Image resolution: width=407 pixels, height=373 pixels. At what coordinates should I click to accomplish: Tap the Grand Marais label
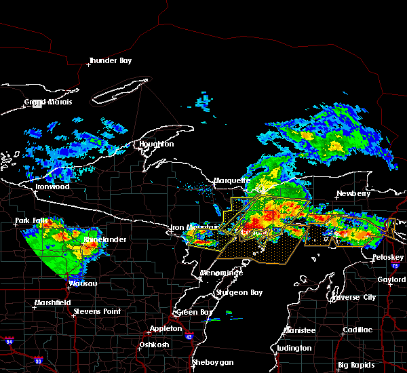point(48,102)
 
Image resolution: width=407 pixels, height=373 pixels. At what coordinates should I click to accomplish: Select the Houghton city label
point(157,144)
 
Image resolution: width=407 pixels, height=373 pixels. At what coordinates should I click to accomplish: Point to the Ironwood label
point(52,186)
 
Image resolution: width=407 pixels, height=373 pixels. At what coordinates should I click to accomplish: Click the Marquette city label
point(232,181)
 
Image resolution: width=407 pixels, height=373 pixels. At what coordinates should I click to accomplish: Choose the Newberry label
point(354,193)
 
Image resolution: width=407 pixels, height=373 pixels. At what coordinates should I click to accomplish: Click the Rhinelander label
point(101,240)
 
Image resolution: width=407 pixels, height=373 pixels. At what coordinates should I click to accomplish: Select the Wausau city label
point(83,283)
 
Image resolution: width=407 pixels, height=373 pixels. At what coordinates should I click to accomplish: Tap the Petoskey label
point(388,258)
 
